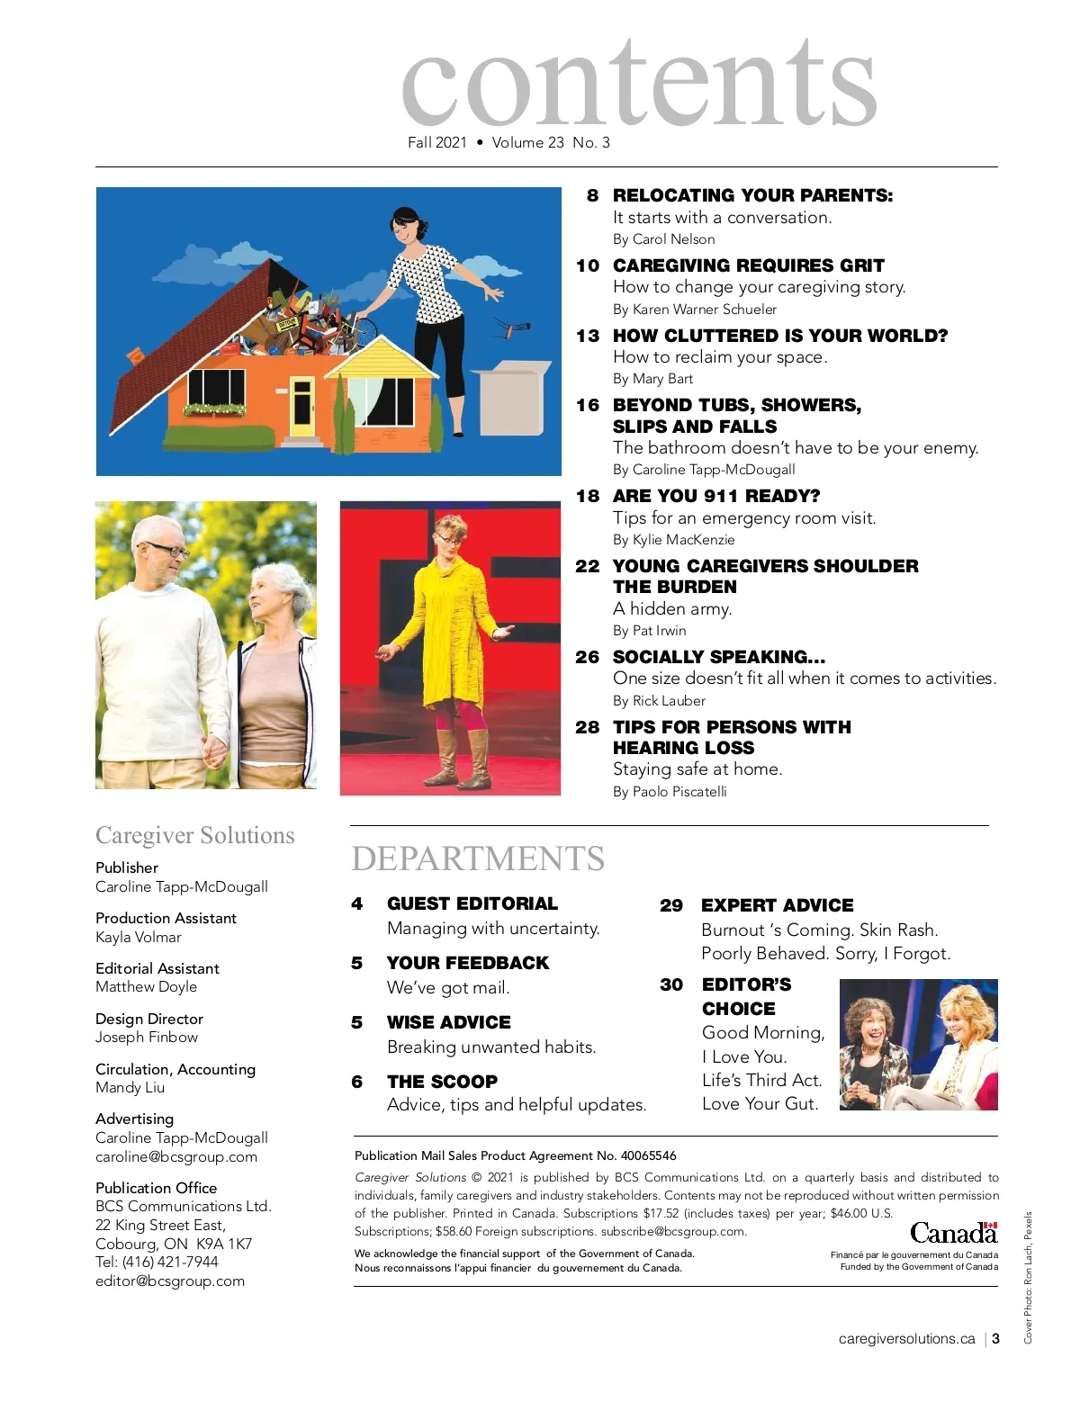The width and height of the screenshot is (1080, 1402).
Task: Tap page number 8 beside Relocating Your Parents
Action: pos(592,195)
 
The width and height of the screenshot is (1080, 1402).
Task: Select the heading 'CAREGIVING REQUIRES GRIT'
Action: pos(748,265)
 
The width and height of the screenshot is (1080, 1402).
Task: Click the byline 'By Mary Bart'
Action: pos(652,379)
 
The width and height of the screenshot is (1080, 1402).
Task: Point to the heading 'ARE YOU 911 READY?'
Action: pos(716,496)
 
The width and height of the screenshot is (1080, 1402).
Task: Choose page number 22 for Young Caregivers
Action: pos(587,566)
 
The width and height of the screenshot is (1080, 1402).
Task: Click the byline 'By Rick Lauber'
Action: pos(659,701)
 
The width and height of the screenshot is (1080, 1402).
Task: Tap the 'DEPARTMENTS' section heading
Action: pos(478,858)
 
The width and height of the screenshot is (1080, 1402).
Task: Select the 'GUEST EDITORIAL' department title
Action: pos(472,903)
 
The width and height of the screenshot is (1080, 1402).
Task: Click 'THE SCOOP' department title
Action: pos(442,1082)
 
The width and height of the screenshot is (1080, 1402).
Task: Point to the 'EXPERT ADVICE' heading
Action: pos(777,905)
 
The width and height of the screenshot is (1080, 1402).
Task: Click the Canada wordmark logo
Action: pos(953,1232)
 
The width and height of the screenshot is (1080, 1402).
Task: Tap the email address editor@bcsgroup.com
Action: pos(170,1281)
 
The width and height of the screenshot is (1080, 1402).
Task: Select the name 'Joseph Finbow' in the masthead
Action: pos(147,1037)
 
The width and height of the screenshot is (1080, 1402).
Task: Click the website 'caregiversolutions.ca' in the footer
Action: pos(906,1339)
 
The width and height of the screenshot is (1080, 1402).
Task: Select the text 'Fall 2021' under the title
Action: pos(437,142)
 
